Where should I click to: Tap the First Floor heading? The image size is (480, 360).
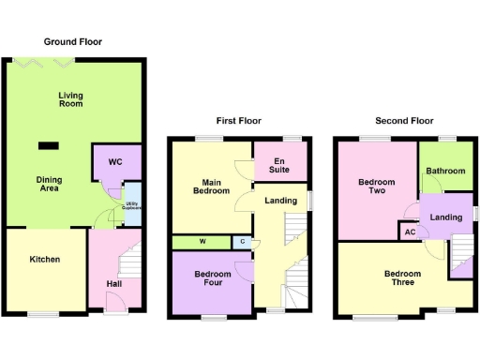tap(239, 120)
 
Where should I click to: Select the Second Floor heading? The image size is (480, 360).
tap(404, 120)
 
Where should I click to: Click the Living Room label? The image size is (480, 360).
tap(70, 98)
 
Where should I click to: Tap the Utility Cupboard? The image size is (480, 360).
tap(132, 203)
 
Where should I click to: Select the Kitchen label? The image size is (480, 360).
tap(44, 259)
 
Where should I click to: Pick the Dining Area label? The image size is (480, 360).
tap(49, 183)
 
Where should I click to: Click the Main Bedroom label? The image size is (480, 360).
tap(211, 186)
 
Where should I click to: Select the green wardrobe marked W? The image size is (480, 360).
tap(202, 243)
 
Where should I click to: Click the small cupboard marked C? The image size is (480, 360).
tap(243, 243)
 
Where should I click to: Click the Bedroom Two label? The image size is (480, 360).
tap(376, 187)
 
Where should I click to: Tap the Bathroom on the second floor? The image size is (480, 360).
tap(445, 171)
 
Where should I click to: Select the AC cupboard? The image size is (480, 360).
tap(409, 232)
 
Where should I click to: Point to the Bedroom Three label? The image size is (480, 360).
tap(402, 278)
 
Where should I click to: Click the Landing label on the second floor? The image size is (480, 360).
tap(445, 217)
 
